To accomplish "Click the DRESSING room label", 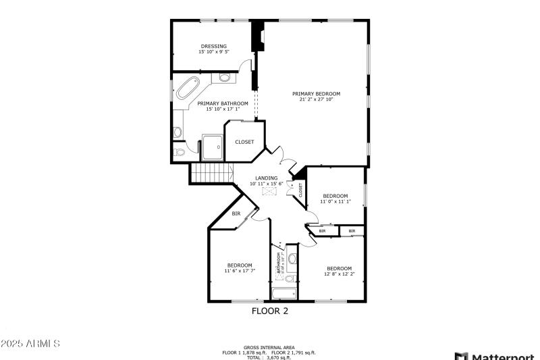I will pyautogui.click(x=213, y=46).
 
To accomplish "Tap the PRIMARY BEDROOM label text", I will pyautogui.click(x=316, y=93).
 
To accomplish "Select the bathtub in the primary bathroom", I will pyautogui.click(x=187, y=89).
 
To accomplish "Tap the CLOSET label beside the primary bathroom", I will pyautogui.click(x=244, y=142).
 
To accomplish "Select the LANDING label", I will pyautogui.click(x=266, y=178).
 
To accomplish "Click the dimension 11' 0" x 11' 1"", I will pyautogui.click(x=335, y=201).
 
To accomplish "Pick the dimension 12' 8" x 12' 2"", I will pyautogui.click(x=339, y=274).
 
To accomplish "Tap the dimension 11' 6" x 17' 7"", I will pyautogui.click(x=239, y=270).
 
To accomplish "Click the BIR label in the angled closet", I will pyautogui.click(x=236, y=213).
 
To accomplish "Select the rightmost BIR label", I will pyautogui.click(x=351, y=231).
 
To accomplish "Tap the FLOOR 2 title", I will pyautogui.click(x=270, y=311).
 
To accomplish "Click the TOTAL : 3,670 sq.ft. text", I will pyautogui.click(x=269, y=357).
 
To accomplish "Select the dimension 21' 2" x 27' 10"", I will pyautogui.click(x=316, y=99).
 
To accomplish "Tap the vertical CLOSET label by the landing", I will pyautogui.click(x=300, y=190).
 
